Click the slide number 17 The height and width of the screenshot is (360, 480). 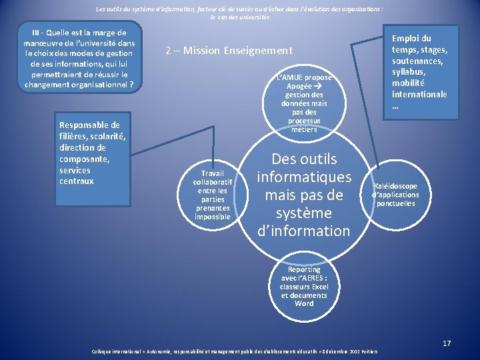coord(447,343)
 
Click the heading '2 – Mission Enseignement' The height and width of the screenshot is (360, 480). coord(229,51)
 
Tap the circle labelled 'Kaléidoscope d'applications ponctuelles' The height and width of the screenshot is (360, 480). coord(396,195)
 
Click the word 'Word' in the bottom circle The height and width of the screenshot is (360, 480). coord(304,303)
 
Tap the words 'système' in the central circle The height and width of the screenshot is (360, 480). coord(303,213)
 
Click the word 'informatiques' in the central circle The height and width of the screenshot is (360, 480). coord(304,177)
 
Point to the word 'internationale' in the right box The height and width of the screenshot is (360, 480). coord(419,94)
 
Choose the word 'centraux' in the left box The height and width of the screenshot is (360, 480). coord(77,181)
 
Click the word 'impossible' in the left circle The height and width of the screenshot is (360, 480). coord(213,217)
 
